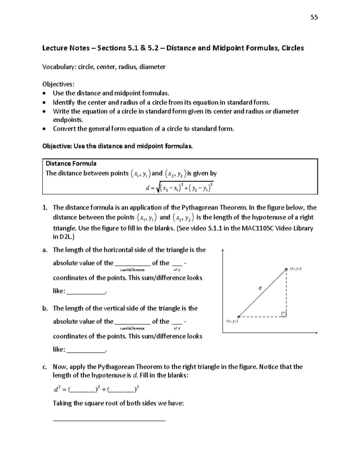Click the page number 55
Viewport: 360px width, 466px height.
pyautogui.click(x=314, y=17)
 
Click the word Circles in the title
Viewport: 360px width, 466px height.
pyautogui.click(x=292, y=48)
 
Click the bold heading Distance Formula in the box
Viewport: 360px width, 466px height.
pyautogui.click(x=71, y=164)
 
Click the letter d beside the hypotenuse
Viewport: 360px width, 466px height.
pyautogui.click(x=260, y=288)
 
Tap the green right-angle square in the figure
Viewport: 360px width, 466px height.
pyautogui.click(x=284, y=314)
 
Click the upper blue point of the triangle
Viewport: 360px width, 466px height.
pyautogui.click(x=286, y=269)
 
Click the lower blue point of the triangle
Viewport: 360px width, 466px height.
pyautogui.click(x=239, y=317)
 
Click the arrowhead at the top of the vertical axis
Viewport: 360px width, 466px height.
pyautogui.click(x=223, y=251)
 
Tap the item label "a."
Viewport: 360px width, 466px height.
pyautogui.click(x=45, y=250)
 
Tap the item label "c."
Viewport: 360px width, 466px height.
pyautogui.click(x=45, y=367)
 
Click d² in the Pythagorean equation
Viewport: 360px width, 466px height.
pyautogui.click(x=57, y=389)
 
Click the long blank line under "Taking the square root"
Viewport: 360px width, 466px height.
pyautogui.click(x=109, y=421)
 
